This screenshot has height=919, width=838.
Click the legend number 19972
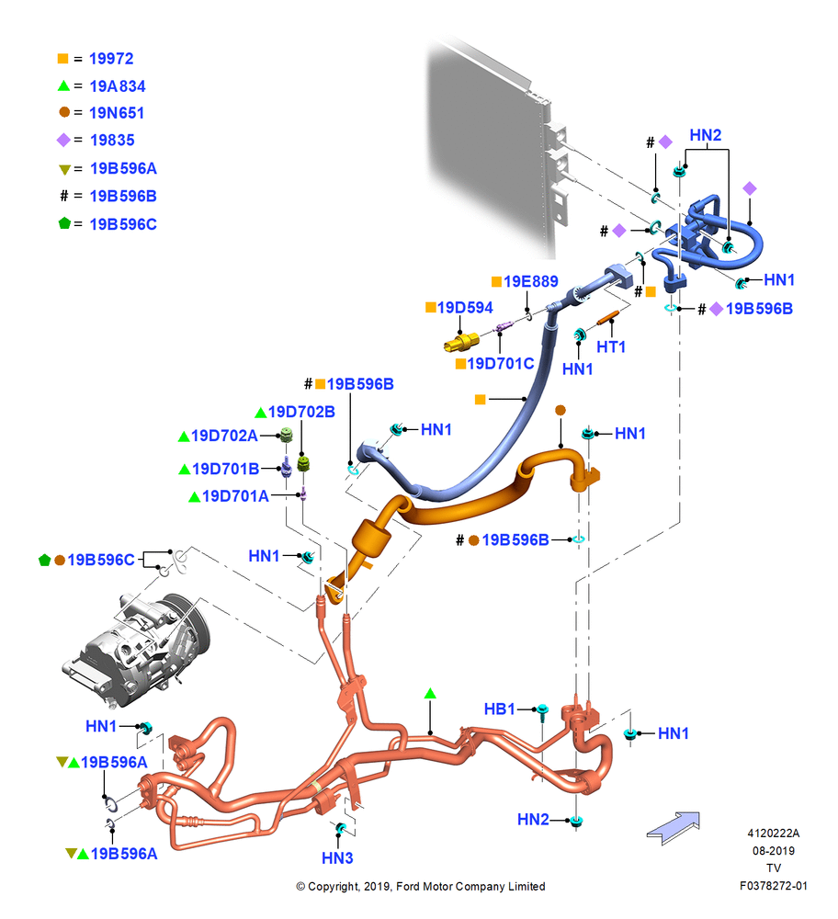click(x=111, y=59)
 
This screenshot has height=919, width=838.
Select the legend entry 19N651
click(x=117, y=112)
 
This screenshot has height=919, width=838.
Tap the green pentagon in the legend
click(x=64, y=223)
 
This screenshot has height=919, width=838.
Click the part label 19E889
click(x=531, y=281)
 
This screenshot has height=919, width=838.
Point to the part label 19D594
click(x=465, y=308)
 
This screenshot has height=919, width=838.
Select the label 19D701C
click(x=501, y=364)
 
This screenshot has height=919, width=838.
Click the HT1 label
click(x=611, y=347)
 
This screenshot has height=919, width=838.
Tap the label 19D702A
click(x=224, y=436)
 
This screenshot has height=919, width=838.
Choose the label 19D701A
click(x=235, y=496)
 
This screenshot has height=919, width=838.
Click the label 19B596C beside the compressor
click(x=101, y=560)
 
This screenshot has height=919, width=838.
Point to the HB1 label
click(x=499, y=709)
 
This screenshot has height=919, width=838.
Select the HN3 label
click(x=337, y=858)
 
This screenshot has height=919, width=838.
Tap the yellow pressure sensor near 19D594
click(x=460, y=342)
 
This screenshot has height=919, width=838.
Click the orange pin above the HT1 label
click(x=607, y=318)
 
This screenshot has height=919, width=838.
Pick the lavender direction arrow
click(x=674, y=827)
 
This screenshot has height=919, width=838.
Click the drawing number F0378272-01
click(x=774, y=886)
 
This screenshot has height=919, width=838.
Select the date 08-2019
click(x=774, y=850)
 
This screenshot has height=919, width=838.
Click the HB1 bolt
click(x=543, y=713)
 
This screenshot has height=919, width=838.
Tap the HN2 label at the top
click(x=706, y=135)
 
